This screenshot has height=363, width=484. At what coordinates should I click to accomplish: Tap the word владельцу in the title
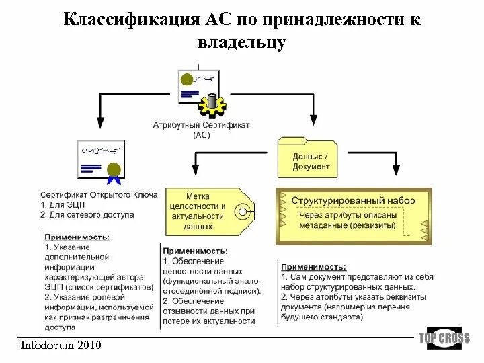pyautogui.click(x=242, y=42)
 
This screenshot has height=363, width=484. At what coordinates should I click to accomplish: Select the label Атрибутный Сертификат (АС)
pyautogui.click(x=201, y=130)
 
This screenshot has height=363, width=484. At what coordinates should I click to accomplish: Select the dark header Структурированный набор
pyautogui.click(x=353, y=200)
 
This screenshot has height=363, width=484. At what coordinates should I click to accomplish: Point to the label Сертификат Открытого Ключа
pyautogui.click(x=99, y=194)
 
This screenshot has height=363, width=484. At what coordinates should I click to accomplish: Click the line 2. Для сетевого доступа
pyautogui.click(x=87, y=215)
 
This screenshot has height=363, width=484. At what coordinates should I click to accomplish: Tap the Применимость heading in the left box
pyautogui.click(x=77, y=237)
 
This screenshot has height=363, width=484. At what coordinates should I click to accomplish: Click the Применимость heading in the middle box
pyautogui.click(x=196, y=251)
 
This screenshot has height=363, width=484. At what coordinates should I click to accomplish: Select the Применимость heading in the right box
pyautogui.click(x=314, y=267)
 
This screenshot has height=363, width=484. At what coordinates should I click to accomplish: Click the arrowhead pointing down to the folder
pyautogui.click(x=312, y=121)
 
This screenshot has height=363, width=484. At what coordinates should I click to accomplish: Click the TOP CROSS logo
pyautogui.click(x=444, y=338)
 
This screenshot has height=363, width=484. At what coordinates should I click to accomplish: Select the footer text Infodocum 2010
pyautogui.click(x=61, y=345)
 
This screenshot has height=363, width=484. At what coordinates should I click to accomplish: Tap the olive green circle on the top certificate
pyautogui.click(x=186, y=79)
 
